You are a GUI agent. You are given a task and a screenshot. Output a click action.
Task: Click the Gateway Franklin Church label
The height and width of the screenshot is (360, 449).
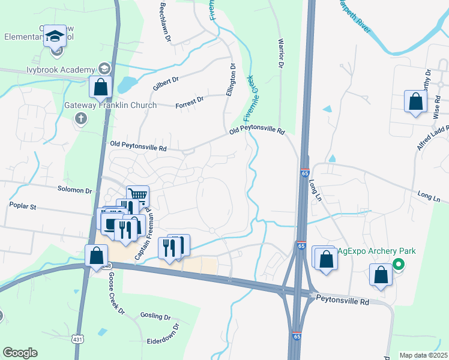110,105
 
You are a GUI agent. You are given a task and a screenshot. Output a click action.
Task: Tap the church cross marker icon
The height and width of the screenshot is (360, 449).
81,118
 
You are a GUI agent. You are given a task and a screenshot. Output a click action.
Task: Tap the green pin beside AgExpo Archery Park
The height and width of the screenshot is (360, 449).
398,263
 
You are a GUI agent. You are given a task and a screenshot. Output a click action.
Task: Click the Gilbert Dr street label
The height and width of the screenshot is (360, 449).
166,83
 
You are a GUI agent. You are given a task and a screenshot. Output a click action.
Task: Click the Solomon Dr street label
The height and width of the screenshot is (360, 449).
74,191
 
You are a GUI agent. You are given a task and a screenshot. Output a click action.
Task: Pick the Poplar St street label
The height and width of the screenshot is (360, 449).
23,206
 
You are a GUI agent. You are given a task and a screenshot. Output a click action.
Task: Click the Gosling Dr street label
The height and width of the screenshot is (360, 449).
155,316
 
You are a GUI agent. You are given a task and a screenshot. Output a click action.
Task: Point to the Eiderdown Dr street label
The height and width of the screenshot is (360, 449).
163,337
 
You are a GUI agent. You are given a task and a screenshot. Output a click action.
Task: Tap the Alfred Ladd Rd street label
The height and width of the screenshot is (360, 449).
432,138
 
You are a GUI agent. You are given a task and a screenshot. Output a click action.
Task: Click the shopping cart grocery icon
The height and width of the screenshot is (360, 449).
138,195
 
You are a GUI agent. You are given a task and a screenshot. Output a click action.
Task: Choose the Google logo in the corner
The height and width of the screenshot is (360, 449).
20,353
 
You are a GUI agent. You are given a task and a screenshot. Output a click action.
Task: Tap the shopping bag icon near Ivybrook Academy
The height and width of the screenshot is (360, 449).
101,88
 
